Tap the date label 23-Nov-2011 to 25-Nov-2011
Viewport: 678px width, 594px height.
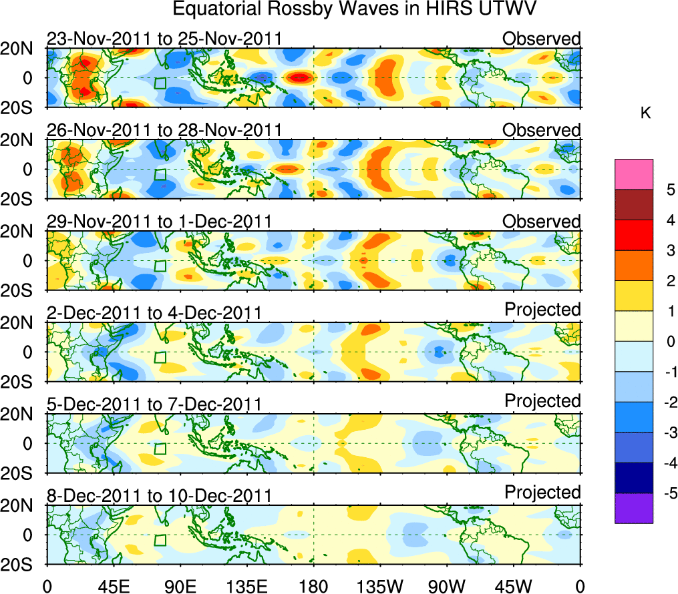[x=164, y=39]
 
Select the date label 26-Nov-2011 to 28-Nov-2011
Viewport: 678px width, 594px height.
[x=164, y=130]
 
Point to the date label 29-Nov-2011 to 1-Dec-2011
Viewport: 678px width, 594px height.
[x=158, y=222]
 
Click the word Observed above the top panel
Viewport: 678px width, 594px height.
[x=541, y=39]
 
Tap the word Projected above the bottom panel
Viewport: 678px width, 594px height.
[x=542, y=493]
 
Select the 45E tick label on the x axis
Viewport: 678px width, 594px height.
[x=113, y=585]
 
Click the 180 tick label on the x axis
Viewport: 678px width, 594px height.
[x=313, y=585]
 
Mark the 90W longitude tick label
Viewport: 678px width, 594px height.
[x=447, y=585]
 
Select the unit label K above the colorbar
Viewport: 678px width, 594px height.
[x=645, y=113]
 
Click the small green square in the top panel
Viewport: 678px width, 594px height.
[x=160, y=83]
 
